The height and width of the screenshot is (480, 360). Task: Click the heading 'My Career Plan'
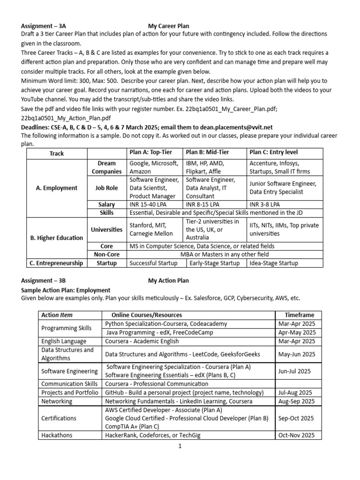169,26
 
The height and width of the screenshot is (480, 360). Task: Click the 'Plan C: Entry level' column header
273,152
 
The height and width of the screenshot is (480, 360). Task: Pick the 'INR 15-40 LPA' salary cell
150,205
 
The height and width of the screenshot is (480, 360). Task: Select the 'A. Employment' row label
57,188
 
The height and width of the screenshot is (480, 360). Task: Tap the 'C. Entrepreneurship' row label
57,263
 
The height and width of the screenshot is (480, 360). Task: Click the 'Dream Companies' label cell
106,167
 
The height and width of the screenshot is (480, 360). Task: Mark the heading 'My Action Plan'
168,281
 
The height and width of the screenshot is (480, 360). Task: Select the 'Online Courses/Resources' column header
147,315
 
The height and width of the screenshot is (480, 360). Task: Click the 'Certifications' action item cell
58,418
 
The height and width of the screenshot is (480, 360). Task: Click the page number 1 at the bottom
180,446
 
